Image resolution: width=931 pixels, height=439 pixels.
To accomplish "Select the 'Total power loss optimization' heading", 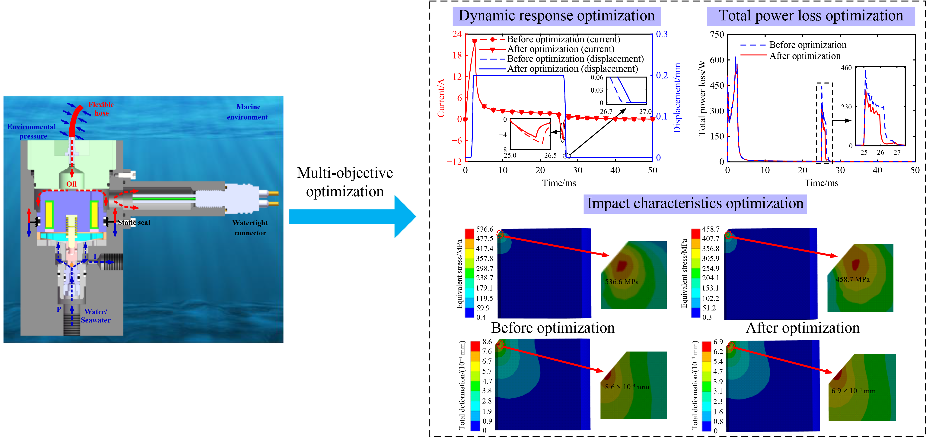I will tap(811, 16).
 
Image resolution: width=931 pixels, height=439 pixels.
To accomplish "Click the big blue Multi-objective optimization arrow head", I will tap(405, 216).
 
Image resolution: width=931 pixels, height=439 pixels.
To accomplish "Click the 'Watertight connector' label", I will tap(250, 228).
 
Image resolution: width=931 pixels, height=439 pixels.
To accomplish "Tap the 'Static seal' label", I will tap(134, 222).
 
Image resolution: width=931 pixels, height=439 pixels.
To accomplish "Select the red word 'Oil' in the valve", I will tap(71, 184).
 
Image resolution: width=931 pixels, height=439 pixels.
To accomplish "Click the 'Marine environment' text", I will tap(248, 112).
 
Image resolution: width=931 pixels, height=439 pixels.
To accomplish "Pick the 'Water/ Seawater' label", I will tap(96, 316).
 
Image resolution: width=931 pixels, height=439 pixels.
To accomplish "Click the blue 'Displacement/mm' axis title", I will tap(677, 98).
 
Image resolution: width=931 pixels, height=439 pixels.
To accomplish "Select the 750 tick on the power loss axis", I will tap(717, 35).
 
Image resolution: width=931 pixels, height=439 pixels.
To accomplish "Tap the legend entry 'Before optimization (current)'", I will tap(563, 39).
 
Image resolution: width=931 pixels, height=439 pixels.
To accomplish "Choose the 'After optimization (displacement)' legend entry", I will tap(572, 69).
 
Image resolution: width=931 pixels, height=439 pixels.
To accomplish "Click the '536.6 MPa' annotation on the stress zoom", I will tap(622, 282).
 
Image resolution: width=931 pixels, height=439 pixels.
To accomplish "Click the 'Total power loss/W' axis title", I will tap(702, 98).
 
